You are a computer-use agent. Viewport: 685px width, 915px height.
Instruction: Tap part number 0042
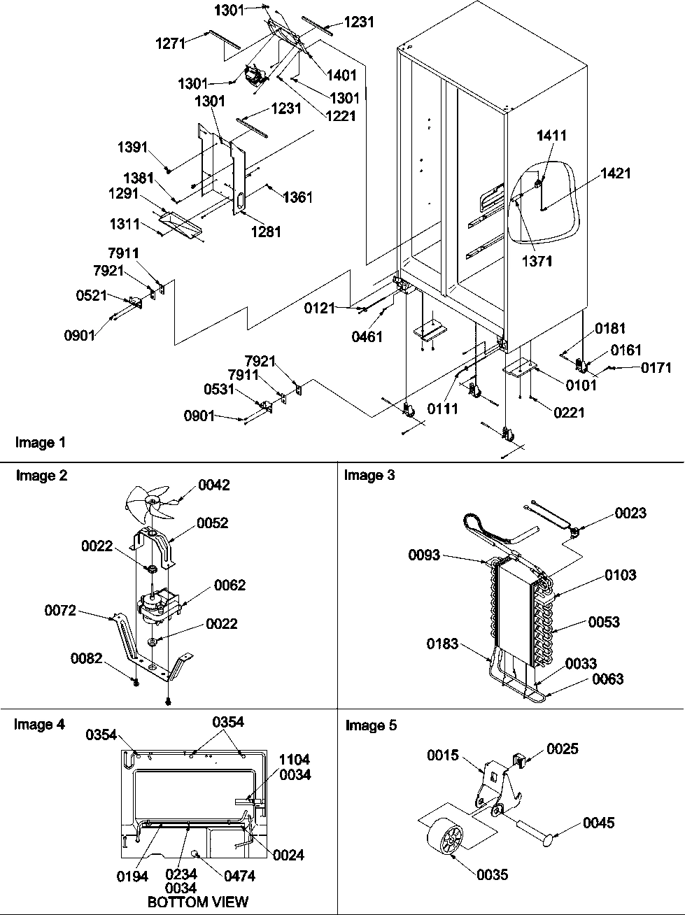click(x=213, y=485)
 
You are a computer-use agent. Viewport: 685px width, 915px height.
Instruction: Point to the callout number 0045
click(x=599, y=823)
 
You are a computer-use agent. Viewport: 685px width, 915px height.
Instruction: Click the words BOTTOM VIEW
click(x=198, y=902)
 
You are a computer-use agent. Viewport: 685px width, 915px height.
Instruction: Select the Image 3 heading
click(x=369, y=476)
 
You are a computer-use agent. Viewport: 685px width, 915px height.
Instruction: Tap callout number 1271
click(x=170, y=43)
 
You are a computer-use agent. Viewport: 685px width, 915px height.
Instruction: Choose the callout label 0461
click(x=367, y=337)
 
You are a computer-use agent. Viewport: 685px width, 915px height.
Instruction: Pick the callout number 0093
click(x=424, y=555)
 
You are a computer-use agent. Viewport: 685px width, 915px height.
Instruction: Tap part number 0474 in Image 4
click(x=239, y=875)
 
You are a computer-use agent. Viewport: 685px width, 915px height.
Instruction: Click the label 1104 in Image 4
click(x=295, y=760)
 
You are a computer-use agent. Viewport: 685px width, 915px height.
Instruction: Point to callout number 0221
click(x=569, y=413)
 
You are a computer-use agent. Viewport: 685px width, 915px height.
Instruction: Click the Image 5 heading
click(x=371, y=725)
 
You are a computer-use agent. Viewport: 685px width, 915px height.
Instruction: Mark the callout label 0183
click(x=442, y=644)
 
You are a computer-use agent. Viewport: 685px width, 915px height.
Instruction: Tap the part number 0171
click(x=656, y=367)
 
